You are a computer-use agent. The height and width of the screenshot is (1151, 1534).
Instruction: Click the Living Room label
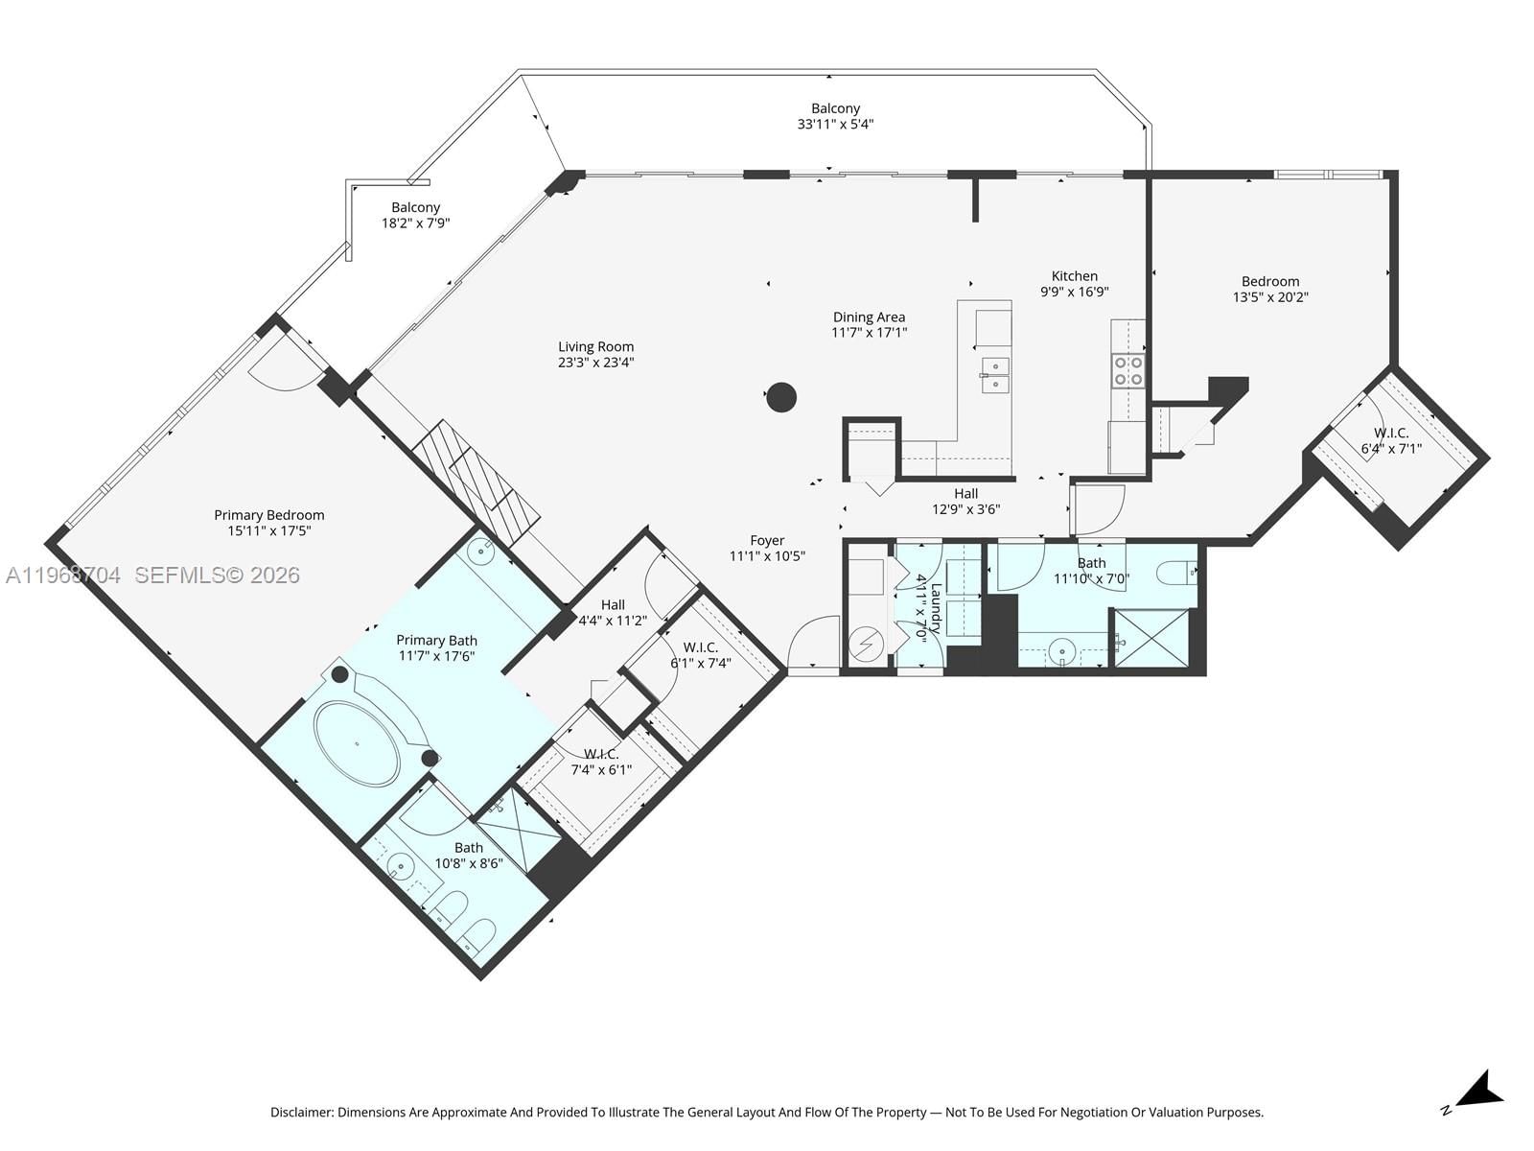tap(595, 347)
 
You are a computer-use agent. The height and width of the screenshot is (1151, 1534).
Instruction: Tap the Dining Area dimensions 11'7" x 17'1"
tap(869, 333)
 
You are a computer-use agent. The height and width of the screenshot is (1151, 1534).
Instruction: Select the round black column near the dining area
tap(781, 397)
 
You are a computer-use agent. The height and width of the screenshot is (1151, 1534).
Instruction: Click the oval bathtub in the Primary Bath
tap(358, 744)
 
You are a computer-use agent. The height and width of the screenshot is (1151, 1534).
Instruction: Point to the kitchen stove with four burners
tap(1127, 370)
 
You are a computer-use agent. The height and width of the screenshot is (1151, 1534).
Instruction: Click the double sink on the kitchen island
tap(995, 375)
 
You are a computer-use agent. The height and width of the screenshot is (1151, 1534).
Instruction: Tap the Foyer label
tap(767, 541)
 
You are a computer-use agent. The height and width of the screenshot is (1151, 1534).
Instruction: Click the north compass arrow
tap(1479, 1092)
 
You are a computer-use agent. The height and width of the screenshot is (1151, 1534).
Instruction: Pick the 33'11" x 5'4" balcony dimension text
tap(835, 124)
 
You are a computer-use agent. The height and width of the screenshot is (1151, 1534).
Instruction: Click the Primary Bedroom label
tap(268, 515)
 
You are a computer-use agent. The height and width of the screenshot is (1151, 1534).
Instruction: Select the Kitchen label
tap(1074, 276)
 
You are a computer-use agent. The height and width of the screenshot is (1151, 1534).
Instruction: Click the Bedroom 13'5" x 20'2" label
tap(1270, 281)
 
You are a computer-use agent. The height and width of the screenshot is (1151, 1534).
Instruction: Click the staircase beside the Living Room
tap(476, 481)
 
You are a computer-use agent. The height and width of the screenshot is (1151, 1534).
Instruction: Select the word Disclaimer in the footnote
tap(300, 1113)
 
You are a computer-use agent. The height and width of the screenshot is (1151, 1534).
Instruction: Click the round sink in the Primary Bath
tap(482, 552)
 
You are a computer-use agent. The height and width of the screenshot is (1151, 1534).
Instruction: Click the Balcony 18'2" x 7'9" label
tap(415, 207)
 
